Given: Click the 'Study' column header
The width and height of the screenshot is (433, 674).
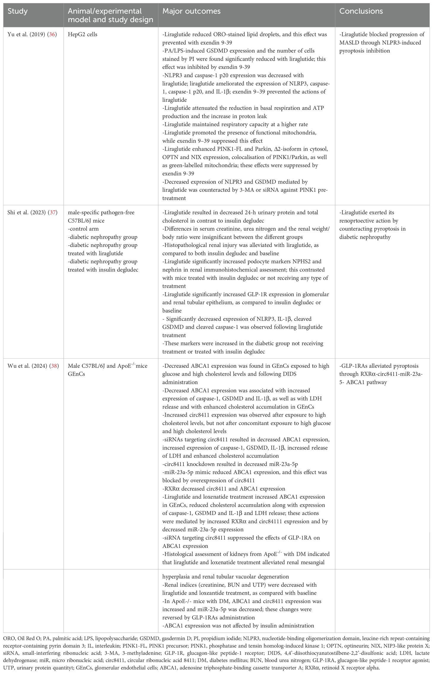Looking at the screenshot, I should click(x=17, y=12).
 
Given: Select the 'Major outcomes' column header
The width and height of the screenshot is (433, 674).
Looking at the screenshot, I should click(x=191, y=12).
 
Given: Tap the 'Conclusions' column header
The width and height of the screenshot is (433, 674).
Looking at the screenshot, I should click(x=361, y=12).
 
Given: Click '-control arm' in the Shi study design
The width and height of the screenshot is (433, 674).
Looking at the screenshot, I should click(x=83, y=229).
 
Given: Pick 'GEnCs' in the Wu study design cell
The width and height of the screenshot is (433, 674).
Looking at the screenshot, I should click(x=77, y=374).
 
